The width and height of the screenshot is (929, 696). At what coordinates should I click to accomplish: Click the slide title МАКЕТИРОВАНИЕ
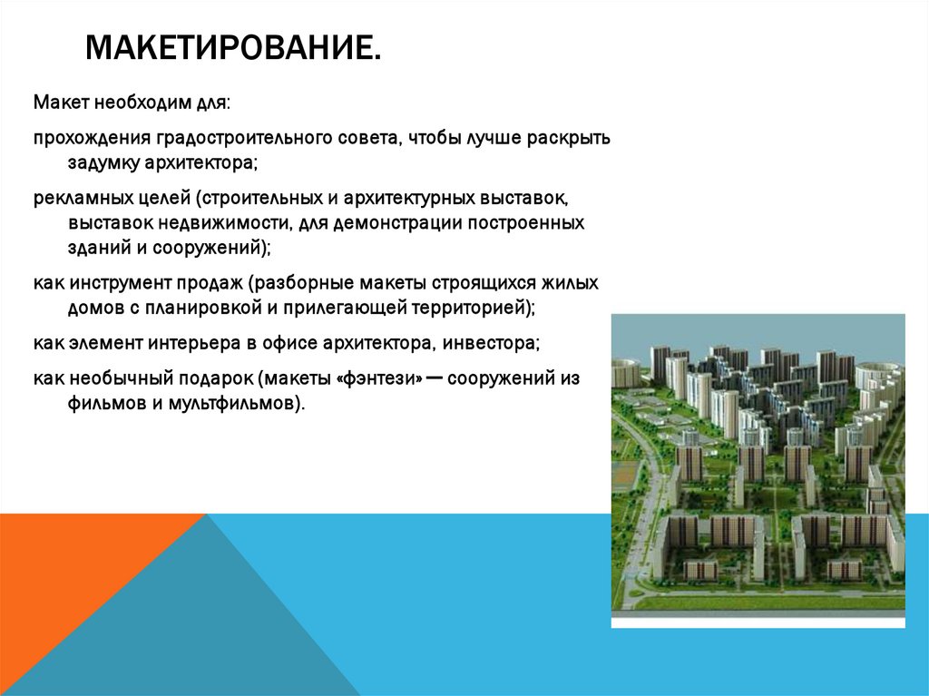pos(232,46)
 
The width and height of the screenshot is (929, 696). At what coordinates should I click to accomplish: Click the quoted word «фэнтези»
pos(380,377)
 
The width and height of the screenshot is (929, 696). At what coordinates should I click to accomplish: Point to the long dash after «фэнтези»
pos(434,377)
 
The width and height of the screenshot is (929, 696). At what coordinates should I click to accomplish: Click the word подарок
pos(219,377)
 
